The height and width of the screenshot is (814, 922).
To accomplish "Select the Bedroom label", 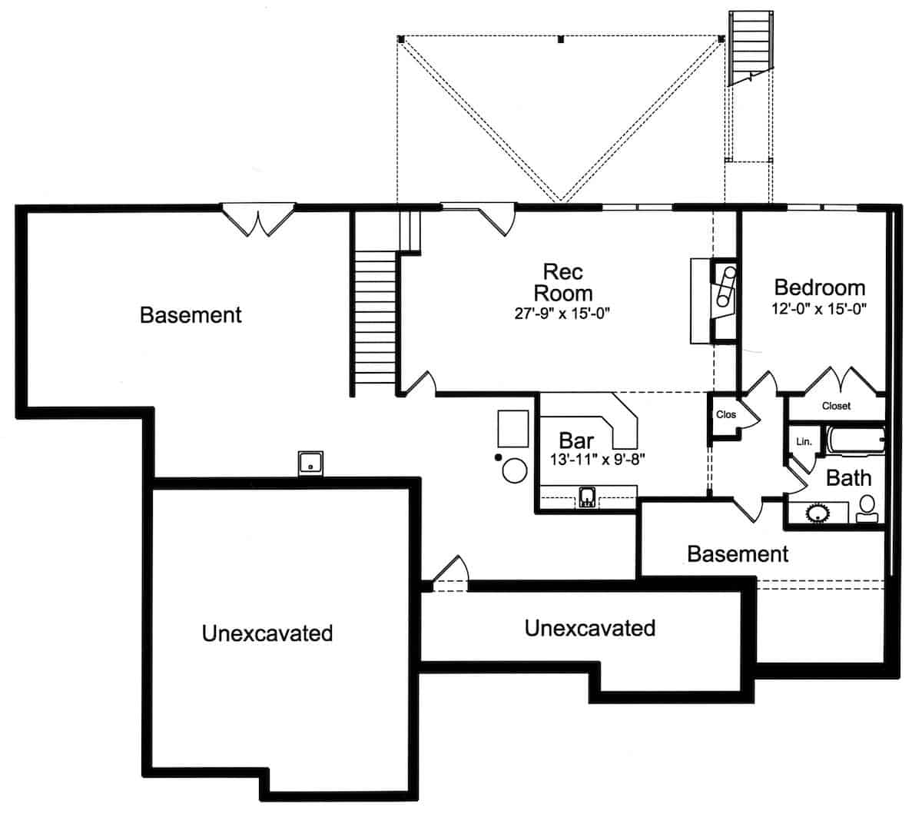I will coord(819,288).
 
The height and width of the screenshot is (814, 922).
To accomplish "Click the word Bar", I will coord(575,440).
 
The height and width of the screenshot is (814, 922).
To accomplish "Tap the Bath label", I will coord(848,478).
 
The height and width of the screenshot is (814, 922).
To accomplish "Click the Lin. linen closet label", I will coord(804,442).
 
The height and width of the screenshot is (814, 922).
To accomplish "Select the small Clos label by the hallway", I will coord(725,415).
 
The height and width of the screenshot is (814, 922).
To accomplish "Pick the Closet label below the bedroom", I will coord(836,406).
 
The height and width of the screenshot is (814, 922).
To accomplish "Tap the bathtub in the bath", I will coord(854,443).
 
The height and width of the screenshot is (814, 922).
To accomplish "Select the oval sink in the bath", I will coord(817,512).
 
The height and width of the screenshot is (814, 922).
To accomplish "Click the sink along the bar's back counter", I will coord(587,497).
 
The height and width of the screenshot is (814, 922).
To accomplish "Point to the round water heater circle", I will coord(514,470).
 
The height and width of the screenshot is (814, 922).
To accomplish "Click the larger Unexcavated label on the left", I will coord(267,633).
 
